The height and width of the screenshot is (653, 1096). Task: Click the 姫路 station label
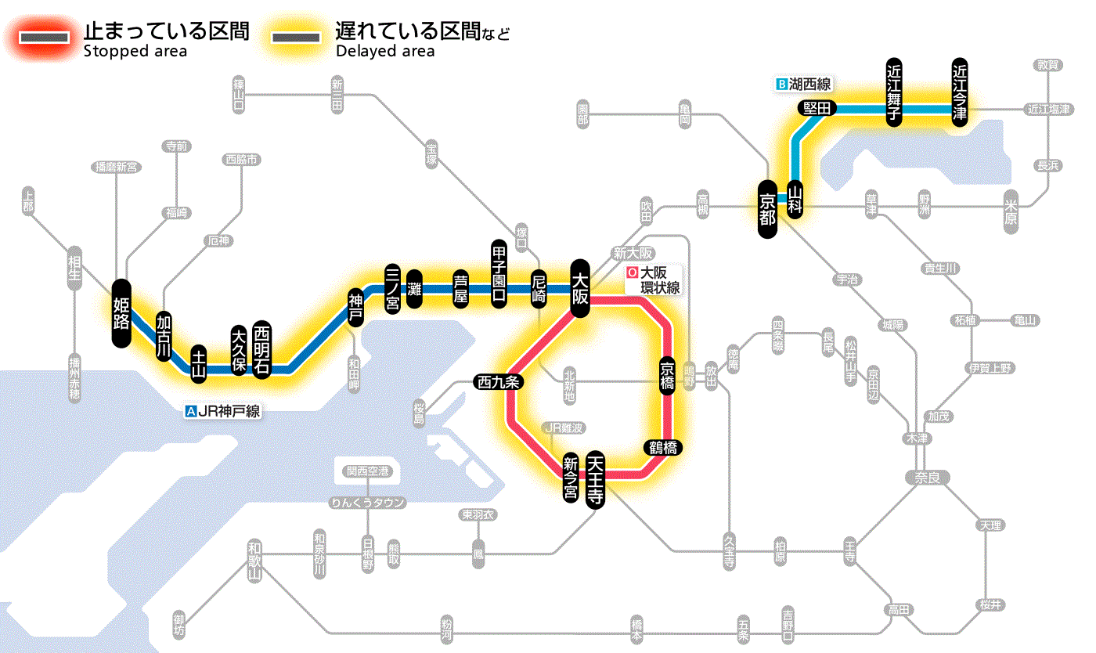point(121,312)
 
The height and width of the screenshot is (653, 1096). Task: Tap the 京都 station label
point(768,207)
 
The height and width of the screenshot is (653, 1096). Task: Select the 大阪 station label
point(580,289)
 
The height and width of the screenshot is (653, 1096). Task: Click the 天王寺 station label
point(596,480)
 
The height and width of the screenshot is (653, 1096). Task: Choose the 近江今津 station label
point(960,91)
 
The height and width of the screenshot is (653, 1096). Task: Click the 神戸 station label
point(356,308)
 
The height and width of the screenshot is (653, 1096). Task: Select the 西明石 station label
point(262,349)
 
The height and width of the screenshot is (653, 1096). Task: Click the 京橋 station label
point(667,376)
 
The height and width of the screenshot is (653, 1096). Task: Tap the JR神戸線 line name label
point(223,410)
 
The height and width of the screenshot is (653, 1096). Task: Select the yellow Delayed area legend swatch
point(296,37)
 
